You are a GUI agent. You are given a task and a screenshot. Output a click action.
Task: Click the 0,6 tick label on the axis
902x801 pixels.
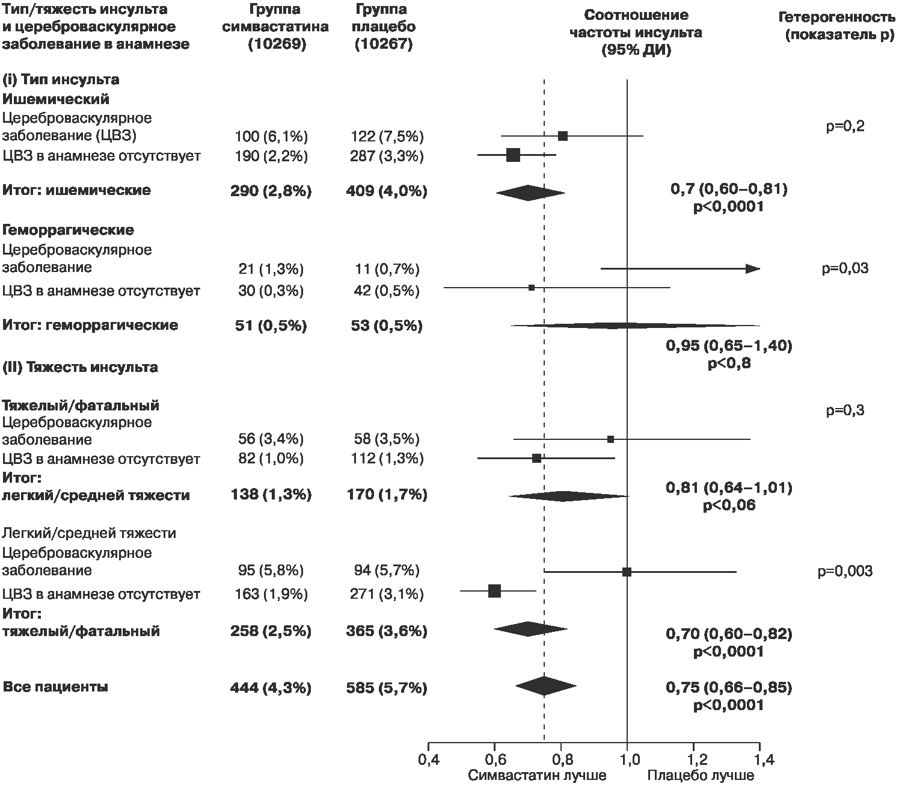pos(494,759)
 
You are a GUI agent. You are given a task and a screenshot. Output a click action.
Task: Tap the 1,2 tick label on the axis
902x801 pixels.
pos(693,759)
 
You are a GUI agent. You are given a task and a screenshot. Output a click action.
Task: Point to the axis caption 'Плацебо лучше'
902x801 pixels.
pos(701,776)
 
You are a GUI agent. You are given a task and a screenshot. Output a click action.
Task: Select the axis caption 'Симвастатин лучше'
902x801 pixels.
pos(537,776)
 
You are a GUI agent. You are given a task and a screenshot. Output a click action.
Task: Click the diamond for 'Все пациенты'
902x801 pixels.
pos(545,686)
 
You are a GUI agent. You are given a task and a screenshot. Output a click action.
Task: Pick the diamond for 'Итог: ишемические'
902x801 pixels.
pos(530,193)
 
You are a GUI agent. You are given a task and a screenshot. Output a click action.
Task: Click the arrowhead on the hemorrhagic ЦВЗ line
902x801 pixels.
pos(753,268)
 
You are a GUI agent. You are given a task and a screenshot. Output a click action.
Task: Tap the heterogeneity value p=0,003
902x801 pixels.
pos(845,571)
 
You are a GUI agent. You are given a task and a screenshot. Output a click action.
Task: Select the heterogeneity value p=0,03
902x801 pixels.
pos(845,268)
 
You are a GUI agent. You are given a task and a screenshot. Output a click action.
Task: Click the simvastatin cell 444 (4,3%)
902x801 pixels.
pos(271,688)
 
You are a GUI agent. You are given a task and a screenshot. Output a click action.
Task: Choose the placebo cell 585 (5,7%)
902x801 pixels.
pos(387,688)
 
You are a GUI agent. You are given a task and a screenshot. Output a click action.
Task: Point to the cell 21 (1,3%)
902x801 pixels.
pos(271,269)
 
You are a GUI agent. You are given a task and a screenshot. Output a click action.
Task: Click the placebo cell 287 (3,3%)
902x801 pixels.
pos(387,156)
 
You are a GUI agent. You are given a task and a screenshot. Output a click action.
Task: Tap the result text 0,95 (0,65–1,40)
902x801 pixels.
pos(729,345)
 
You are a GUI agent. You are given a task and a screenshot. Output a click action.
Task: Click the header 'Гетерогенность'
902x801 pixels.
pos(836,17)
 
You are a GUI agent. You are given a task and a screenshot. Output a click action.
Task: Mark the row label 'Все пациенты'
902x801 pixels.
pos(55,687)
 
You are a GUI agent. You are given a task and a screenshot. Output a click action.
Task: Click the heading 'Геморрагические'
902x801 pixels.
pos(68,230)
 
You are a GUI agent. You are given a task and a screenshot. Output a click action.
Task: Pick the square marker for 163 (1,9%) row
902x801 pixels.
pos(495,591)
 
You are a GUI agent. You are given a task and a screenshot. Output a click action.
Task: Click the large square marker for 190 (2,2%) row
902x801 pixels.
pos(514,155)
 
